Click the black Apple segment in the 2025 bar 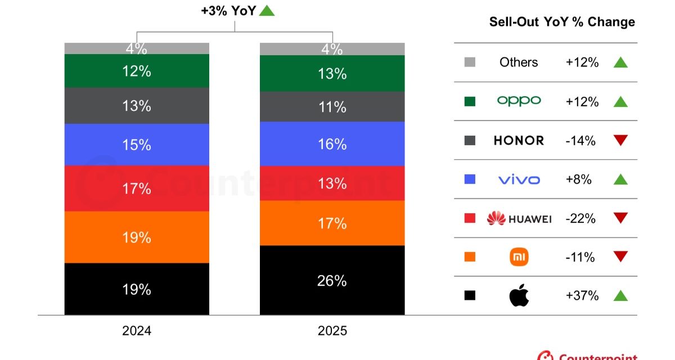tap(332, 280)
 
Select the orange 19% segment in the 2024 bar tap(137, 237)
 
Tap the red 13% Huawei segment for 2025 tap(332, 183)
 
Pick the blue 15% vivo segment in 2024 tap(137, 145)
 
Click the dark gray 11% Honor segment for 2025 tap(332, 107)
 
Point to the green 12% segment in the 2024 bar tap(137, 71)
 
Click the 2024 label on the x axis tap(137, 330)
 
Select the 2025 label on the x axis tap(332, 330)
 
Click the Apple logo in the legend tap(519, 296)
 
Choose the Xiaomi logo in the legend tap(519, 257)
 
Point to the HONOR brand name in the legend tap(519, 141)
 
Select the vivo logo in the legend tap(519, 179)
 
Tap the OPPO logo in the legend tap(519, 101)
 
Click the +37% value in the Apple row tap(582, 295)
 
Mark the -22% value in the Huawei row tap(580, 218)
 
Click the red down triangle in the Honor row tap(620, 141)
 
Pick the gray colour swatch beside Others tap(470, 62)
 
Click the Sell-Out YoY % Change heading tap(562, 22)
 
